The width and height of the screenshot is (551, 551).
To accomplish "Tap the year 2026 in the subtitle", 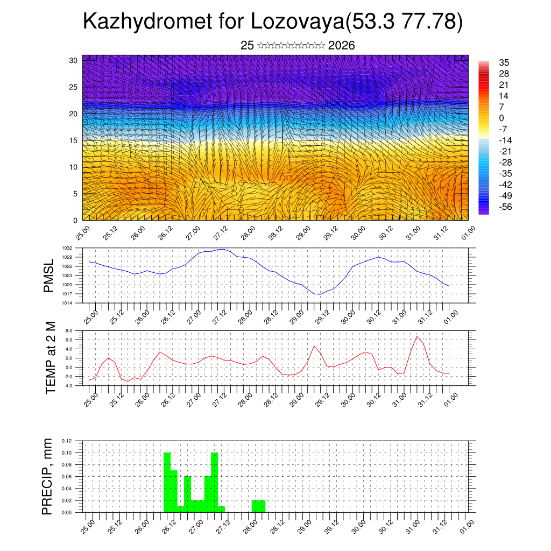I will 341,46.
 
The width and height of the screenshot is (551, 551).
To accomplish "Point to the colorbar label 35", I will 504,62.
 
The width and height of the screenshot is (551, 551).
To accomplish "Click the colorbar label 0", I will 501,118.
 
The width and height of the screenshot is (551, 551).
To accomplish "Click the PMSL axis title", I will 49,275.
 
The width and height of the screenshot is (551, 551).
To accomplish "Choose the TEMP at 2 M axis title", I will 51,358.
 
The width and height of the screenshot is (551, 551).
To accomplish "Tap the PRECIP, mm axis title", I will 48,476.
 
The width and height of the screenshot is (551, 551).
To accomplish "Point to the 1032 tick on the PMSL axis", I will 68,248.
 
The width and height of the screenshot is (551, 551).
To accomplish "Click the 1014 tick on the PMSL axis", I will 68,303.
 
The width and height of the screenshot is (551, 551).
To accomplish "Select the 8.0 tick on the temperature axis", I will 69,330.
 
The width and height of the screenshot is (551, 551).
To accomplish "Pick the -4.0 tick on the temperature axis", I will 68,386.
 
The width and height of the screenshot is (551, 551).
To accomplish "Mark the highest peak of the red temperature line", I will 416,337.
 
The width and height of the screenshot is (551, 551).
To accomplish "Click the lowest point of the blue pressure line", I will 317,294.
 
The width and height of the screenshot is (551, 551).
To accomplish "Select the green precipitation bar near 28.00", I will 258,506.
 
